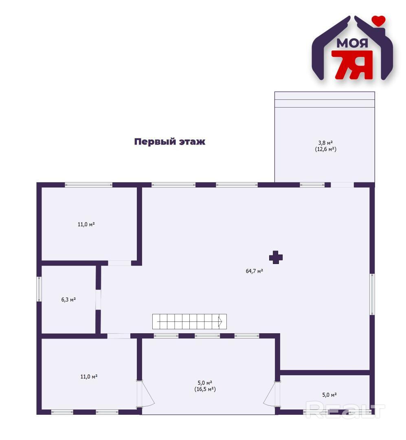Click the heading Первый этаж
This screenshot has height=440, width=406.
pyautogui.click(x=169, y=141)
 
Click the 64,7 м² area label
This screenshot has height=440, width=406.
pyautogui.click(x=254, y=271)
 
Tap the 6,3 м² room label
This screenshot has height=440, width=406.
pyautogui.click(x=68, y=300)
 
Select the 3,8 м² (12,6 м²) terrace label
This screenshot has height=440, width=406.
pyautogui.click(x=325, y=146)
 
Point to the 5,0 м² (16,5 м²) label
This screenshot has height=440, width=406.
pyautogui.click(x=205, y=386)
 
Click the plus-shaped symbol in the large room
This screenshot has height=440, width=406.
pyautogui.click(x=276, y=257)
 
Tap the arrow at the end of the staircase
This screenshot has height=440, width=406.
pyautogui.click(x=220, y=321)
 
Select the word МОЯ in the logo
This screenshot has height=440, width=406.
pyautogui.click(x=352, y=44)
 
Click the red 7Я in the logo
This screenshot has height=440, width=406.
pyautogui.click(x=352, y=64)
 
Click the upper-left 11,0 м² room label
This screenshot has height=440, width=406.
pyautogui.click(x=86, y=224)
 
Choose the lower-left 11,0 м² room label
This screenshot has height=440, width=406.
pyautogui.click(x=89, y=376)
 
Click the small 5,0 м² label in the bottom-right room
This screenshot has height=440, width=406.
pyautogui.click(x=329, y=395)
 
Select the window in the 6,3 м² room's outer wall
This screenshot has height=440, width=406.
pyautogui.click(x=39, y=289)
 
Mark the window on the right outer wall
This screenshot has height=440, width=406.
pyautogui.click(x=372, y=294)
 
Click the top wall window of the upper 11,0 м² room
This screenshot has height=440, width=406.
pyautogui.click(x=89, y=185)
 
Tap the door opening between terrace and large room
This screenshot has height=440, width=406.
pyautogui.click(x=342, y=185)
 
